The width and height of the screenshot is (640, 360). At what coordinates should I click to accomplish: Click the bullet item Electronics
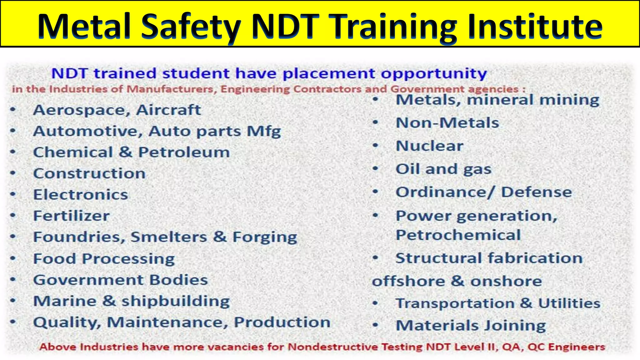tap(81, 195)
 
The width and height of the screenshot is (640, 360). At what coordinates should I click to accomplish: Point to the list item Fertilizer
tap(71, 216)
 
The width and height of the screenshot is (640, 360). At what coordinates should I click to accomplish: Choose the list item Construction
tap(89, 173)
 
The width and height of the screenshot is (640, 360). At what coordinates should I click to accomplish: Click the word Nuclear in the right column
tap(429, 146)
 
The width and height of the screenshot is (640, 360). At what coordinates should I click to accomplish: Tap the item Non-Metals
tap(447, 123)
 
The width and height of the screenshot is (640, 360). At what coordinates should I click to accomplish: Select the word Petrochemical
tap(458, 235)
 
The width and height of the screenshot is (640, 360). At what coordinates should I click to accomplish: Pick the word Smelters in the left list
tap(169, 237)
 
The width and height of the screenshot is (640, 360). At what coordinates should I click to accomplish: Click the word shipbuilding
tap(175, 302)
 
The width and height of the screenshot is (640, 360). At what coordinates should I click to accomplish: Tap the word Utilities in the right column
tap(569, 303)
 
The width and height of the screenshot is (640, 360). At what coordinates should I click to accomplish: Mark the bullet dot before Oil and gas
tap(376, 169)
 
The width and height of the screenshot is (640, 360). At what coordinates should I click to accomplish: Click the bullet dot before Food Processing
tap(13, 259)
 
